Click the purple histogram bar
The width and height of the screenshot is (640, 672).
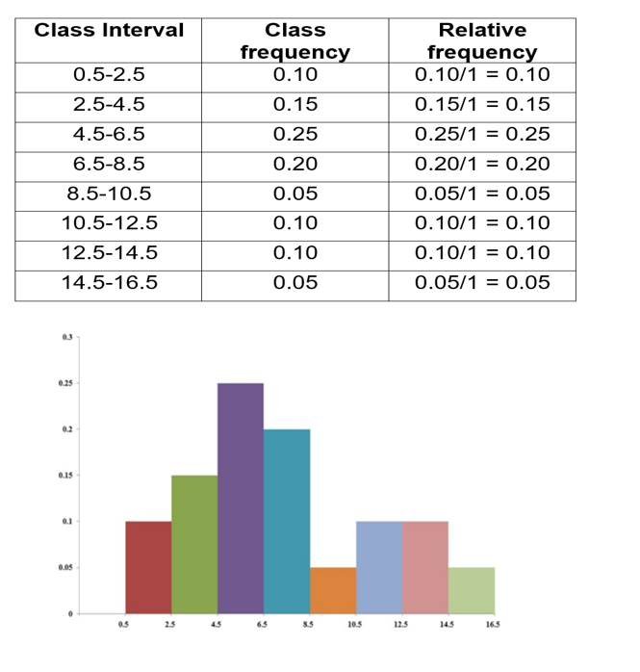click(x=240, y=498)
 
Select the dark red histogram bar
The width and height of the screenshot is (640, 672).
click(x=148, y=567)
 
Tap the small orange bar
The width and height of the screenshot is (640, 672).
click(x=333, y=590)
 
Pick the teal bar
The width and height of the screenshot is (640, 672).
click(x=287, y=521)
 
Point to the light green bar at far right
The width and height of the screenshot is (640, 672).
click(x=472, y=590)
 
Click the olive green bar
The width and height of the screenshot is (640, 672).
click(x=194, y=544)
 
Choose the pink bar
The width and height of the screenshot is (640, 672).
click(x=425, y=567)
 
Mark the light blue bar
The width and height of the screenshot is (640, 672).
click(x=379, y=567)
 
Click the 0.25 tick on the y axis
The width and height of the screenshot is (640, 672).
click(x=66, y=383)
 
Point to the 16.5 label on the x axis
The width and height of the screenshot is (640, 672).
click(x=493, y=625)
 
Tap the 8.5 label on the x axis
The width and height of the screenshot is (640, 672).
click(x=308, y=625)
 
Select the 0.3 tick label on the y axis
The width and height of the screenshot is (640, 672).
click(x=66, y=337)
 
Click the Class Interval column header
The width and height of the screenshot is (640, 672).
click(x=109, y=30)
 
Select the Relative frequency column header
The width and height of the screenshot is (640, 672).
click(x=482, y=41)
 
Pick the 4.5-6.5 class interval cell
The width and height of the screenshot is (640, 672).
click(x=109, y=134)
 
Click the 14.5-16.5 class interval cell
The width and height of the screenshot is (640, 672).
click(x=109, y=282)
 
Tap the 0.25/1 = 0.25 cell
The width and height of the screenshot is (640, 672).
click(x=482, y=134)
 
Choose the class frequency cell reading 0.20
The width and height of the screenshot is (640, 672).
click(x=295, y=164)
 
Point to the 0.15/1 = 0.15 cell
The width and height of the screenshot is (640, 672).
click(x=482, y=104)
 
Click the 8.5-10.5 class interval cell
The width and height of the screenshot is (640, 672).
click(x=109, y=194)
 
